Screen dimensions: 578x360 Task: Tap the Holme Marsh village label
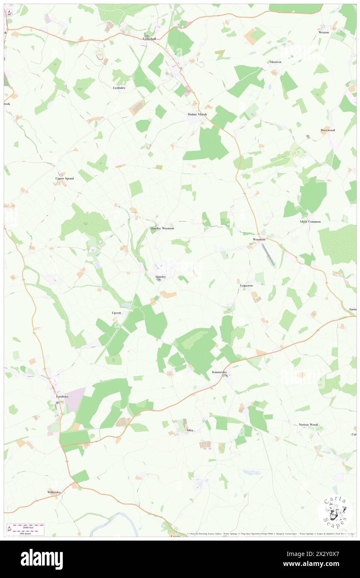196,114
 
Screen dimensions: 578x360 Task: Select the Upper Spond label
64,178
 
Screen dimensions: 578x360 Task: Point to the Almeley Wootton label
162,228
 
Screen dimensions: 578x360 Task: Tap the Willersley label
54,492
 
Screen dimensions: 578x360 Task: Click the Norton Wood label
308,425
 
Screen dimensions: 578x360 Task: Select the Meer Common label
310,222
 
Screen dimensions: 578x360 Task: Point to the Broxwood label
328,130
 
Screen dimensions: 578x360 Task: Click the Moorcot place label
275,62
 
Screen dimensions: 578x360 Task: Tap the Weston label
323,32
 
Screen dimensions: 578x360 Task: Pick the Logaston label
246,286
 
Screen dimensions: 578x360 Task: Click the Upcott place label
116,312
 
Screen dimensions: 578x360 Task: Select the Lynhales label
119,88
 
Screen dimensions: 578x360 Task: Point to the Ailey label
190,430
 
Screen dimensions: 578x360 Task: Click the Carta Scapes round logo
335,513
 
